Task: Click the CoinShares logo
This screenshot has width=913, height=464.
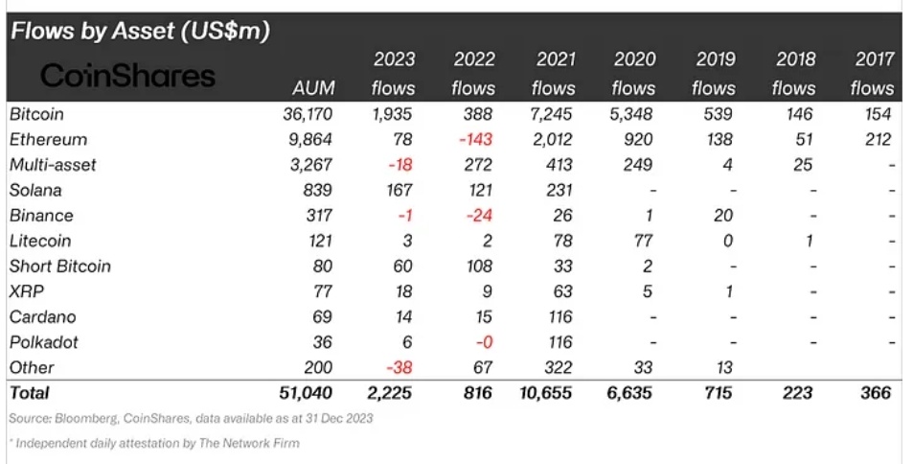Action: (127, 75)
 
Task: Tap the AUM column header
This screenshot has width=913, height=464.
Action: (313, 88)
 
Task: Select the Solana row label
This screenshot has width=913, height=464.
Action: (34, 190)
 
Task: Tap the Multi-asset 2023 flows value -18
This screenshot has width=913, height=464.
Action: (400, 165)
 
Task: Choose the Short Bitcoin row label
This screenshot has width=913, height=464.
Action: (59, 266)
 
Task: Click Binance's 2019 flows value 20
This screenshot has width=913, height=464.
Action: (724, 216)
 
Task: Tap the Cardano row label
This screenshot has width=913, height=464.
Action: (42, 316)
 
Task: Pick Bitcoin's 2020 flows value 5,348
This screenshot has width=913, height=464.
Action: (633, 114)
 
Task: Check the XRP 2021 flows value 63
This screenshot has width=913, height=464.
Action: (562, 291)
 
